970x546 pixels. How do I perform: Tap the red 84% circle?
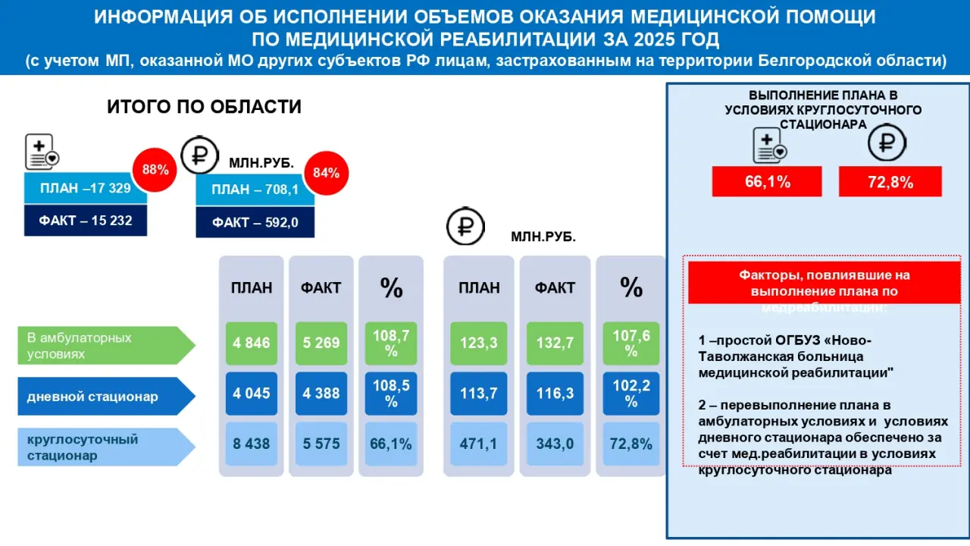coord(326,173)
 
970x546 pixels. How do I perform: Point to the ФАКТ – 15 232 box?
coord(86,221)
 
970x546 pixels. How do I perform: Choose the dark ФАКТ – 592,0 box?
coord(255,222)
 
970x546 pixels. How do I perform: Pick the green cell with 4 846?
coord(252,344)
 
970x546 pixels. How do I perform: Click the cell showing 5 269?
coord(321,344)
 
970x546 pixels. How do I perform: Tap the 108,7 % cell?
coord(391,344)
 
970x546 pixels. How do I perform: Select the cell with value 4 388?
coord(321,394)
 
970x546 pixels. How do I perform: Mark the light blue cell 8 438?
coord(252,444)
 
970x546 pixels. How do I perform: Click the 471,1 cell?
coord(479,444)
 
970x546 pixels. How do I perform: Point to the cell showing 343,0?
coord(555,444)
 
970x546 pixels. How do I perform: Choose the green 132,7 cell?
coord(555,344)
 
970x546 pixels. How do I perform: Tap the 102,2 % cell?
coord(631,394)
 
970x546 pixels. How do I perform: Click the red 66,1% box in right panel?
coord(767,182)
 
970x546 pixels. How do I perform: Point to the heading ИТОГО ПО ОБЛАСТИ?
coord(204,107)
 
